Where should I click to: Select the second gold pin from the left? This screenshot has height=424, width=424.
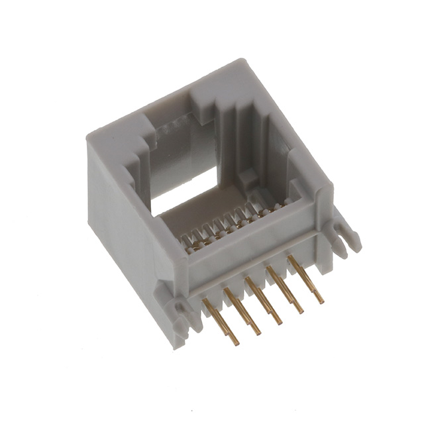point(242,310)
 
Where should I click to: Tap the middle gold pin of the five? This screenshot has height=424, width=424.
point(263,299)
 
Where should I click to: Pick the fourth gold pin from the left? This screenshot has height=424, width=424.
point(284,289)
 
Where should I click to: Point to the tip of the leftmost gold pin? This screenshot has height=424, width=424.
point(236,343)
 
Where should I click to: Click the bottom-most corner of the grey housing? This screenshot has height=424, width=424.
point(178,346)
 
